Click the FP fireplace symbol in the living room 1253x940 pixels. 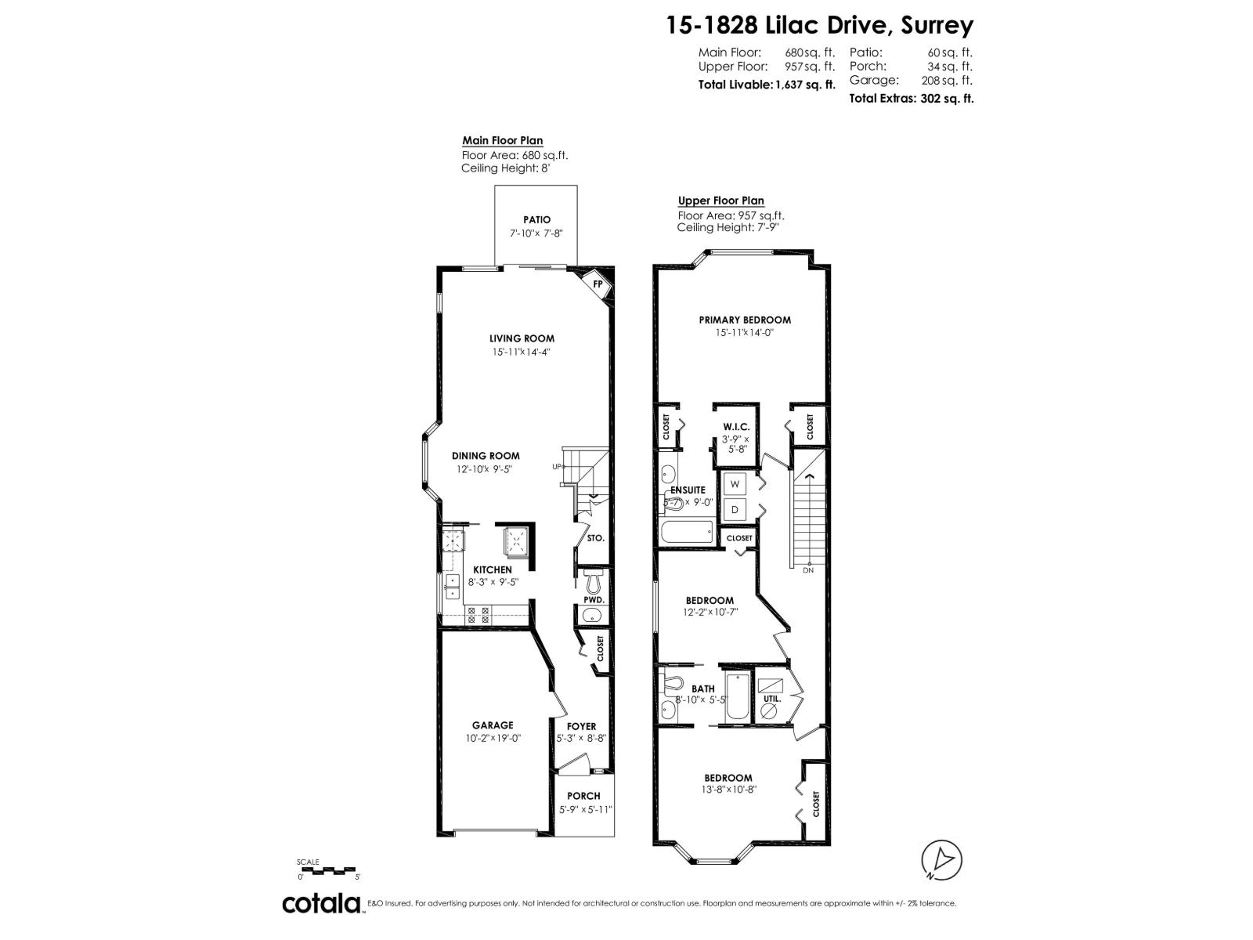coord(598,284)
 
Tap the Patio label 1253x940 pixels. coord(536,220)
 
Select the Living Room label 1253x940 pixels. coord(522,338)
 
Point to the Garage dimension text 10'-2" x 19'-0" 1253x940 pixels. coord(492,738)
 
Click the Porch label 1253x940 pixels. coord(583,796)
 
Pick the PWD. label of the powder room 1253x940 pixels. coord(594,600)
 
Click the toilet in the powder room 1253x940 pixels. coord(593,581)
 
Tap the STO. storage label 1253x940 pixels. coord(595,539)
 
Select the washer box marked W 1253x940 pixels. coord(735,485)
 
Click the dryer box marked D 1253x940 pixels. coord(735,510)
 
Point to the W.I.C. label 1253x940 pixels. coord(736,427)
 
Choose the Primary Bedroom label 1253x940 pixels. coord(745,320)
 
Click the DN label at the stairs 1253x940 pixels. coord(808,569)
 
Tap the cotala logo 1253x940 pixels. coord(321,903)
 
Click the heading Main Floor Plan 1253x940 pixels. coord(502,141)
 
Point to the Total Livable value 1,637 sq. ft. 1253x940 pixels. coord(804,85)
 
